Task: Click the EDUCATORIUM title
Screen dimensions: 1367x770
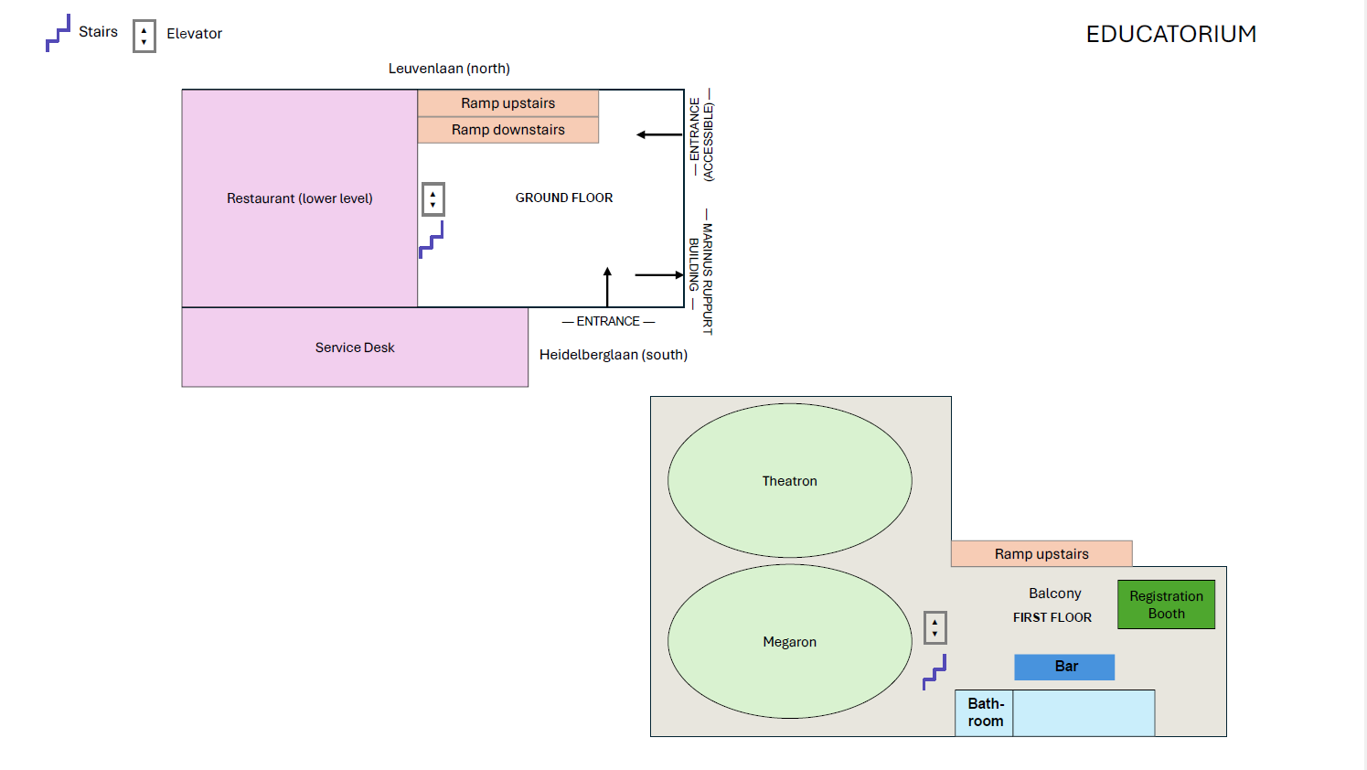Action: point(1171,34)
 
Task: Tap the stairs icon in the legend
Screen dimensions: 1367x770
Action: point(58,33)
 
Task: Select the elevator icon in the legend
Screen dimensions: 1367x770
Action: point(144,37)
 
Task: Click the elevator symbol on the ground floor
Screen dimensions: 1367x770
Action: point(433,199)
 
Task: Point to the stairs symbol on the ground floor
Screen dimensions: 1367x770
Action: point(431,240)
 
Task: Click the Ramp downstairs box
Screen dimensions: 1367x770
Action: point(507,130)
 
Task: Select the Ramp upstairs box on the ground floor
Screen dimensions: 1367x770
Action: point(507,103)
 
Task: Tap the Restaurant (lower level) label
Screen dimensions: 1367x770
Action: point(300,198)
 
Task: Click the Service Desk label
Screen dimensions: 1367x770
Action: point(355,348)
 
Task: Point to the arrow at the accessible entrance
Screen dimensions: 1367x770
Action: point(659,134)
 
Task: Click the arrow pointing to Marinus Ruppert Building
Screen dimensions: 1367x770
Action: point(659,275)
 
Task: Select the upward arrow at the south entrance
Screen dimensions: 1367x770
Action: point(607,287)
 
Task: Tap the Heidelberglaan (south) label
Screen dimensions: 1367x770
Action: point(614,355)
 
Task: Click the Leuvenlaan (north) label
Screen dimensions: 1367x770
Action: point(449,69)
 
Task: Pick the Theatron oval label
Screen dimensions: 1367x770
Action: point(790,481)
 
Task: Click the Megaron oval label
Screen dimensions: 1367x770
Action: point(790,642)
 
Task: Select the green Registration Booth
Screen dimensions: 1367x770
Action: point(1166,604)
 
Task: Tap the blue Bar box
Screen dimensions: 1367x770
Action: point(1064,667)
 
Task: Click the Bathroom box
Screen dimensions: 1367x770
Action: point(985,712)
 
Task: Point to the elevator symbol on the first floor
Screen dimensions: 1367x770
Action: point(934,628)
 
